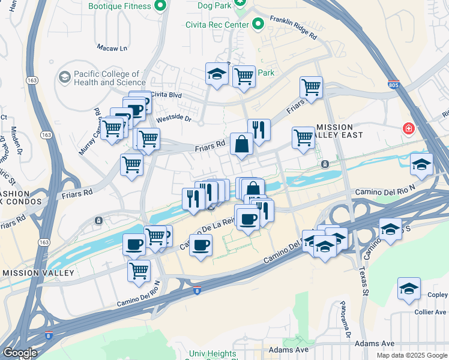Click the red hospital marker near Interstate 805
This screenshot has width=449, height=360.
click(409, 129)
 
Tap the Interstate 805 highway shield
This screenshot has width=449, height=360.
click(394, 85)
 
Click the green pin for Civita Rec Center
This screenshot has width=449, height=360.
click(259, 25)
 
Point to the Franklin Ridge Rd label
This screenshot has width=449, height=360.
click(293, 28)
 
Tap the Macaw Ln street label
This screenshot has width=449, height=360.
click(112, 47)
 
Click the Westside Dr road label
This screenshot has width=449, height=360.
click(173, 119)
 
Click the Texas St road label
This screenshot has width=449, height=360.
click(364, 281)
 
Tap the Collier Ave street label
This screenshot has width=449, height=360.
click(430, 312)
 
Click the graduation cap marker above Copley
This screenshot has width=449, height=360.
click(409, 288)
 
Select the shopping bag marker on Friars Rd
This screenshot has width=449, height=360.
click(241, 144)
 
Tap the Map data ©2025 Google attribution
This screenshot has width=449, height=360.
click(411, 355)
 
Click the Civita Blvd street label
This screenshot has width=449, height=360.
click(166, 94)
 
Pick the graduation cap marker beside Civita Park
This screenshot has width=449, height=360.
click(217, 74)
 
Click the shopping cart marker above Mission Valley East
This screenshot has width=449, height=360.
click(311, 86)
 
